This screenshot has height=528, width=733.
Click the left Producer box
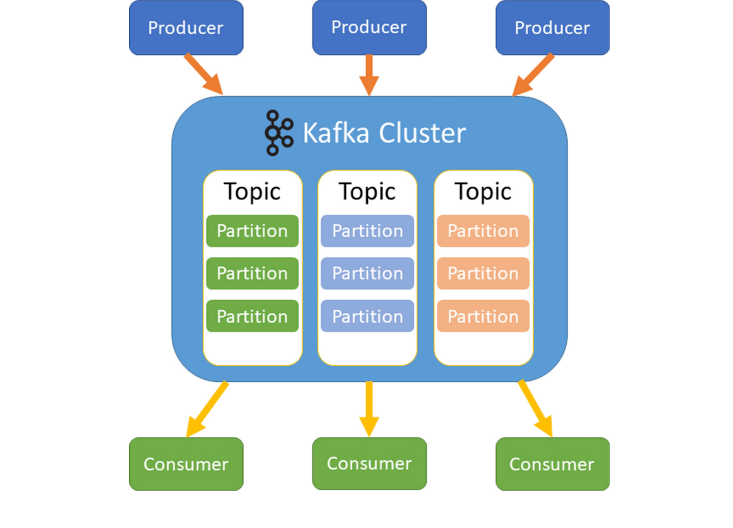point(186,28)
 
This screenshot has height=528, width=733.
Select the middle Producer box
point(369,27)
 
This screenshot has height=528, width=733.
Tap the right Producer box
point(552,28)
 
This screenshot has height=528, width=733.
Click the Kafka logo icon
point(279,132)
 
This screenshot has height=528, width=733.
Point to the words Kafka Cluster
point(384,133)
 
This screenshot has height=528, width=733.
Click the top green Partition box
point(252,231)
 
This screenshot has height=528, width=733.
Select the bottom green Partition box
point(252,316)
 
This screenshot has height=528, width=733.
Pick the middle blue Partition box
point(367,274)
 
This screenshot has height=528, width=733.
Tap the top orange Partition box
point(483,231)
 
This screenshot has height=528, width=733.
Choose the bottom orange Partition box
point(483,316)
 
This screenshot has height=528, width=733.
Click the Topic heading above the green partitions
point(252,191)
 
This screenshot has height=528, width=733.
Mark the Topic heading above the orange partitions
point(483,191)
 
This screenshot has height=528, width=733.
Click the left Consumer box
point(186,464)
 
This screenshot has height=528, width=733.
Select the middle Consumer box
point(369,463)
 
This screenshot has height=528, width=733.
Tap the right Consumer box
point(552,464)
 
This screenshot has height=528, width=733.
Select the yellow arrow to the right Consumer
point(535,408)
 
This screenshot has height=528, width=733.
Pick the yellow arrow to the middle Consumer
point(369,408)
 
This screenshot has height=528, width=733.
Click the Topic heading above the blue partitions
point(367,191)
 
